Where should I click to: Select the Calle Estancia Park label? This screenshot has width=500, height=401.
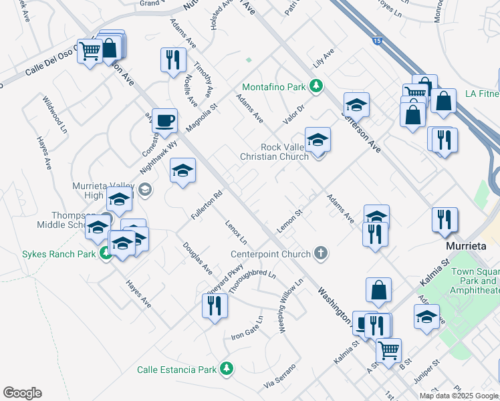[177, 369]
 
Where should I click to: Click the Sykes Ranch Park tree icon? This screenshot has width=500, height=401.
[105, 253]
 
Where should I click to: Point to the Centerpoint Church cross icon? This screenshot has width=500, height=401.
[322, 253]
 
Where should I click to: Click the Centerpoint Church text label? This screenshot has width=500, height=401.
[271, 254]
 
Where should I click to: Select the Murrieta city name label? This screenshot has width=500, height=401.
[466, 246]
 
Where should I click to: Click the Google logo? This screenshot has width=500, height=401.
[22, 393]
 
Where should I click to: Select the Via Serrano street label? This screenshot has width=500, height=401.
[279, 378]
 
